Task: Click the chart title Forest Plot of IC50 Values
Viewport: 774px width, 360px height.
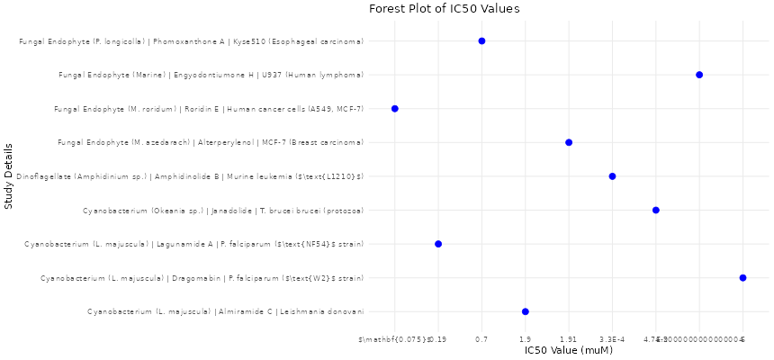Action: (444, 9)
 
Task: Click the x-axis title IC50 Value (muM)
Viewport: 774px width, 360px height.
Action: (568, 350)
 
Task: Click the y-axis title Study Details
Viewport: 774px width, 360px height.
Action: (8, 175)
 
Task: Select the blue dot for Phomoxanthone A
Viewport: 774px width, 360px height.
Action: (481, 41)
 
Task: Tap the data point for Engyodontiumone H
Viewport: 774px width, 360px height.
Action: (699, 75)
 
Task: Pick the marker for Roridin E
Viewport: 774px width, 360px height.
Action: (395, 109)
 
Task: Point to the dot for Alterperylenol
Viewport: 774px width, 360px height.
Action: (569, 142)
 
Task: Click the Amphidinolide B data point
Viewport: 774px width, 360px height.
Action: (612, 176)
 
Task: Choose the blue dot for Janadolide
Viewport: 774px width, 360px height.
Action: (656, 211)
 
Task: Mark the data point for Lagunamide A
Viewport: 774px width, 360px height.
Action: (438, 244)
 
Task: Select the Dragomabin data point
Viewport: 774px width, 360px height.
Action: (742, 278)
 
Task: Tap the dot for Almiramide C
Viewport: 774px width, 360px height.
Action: (526, 311)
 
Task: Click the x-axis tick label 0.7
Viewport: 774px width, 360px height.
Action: (481, 339)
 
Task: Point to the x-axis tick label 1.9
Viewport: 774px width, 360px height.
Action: (526, 339)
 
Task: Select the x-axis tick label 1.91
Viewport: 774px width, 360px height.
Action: (569, 339)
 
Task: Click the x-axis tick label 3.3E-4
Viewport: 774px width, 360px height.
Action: (612, 339)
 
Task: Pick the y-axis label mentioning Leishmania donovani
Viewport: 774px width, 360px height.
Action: (225, 311)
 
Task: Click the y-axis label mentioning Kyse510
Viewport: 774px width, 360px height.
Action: (191, 41)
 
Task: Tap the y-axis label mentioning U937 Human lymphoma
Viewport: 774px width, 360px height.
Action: (211, 75)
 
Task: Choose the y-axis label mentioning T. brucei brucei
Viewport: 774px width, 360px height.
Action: (222, 211)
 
